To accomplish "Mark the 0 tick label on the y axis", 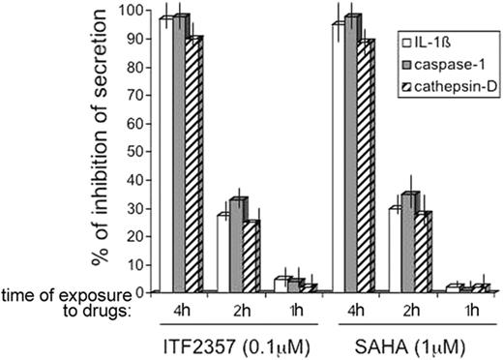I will (x=146, y=291).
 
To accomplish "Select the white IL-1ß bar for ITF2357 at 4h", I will (x=166, y=155).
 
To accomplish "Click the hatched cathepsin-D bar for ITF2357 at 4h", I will (x=194, y=165).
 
